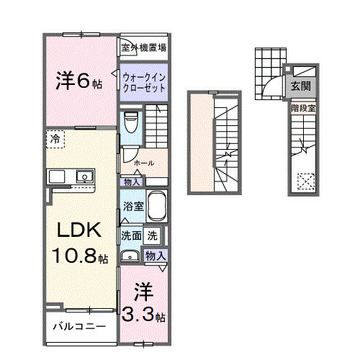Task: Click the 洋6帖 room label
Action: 78,81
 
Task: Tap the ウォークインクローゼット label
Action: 144,81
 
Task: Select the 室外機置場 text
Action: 144,48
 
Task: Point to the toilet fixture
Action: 130,123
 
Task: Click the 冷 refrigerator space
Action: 55,138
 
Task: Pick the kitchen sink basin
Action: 85,176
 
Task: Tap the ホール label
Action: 143,163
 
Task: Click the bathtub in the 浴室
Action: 157,208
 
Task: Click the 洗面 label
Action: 130,235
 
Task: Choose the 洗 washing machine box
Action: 153,235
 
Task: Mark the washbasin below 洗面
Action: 130,256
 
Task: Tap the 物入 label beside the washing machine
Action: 156,256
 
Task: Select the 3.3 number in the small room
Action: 139,315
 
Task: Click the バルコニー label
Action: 78,326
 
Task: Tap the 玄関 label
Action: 301,86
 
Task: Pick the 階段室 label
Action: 303,108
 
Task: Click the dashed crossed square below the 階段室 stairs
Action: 307,181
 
